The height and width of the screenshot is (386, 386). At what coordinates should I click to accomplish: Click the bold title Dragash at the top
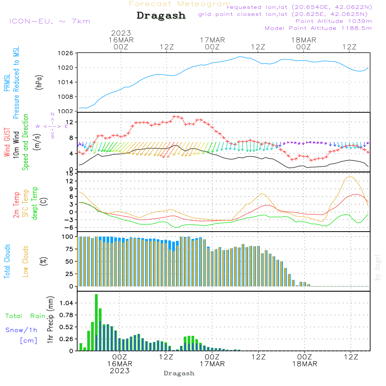click(161, 16)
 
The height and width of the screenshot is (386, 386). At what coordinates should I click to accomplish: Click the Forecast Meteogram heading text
click(180, 4)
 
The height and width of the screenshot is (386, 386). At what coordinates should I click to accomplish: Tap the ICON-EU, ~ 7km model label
click(49, 21)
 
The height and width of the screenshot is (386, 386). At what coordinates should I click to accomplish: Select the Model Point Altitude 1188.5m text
click(318, 28)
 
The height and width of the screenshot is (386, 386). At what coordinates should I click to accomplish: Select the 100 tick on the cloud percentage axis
click(67, 237)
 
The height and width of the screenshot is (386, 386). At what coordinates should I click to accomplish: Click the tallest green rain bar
click(96, 322)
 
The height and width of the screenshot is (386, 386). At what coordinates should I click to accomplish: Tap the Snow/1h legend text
click(22, 330)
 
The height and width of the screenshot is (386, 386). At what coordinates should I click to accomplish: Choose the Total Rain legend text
click(25, 316)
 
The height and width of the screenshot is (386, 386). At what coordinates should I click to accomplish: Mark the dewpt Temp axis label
click(35, 203)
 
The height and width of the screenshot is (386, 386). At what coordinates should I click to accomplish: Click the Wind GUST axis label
click(7, 143)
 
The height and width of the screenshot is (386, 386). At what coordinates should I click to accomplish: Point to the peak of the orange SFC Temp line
click(350, 176)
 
